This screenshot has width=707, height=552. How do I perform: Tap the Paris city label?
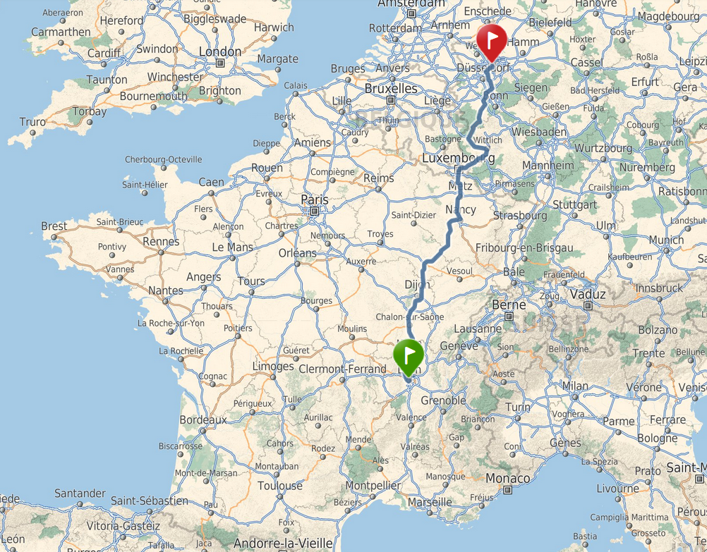tap(315, 199)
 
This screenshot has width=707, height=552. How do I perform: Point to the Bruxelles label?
tap(391, 89)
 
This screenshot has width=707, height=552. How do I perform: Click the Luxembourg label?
tap(458, 159)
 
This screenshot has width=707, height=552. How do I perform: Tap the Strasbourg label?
tap(520, 215)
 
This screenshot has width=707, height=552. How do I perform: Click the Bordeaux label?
tap(203, 419)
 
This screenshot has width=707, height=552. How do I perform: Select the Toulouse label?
tap(279, 486)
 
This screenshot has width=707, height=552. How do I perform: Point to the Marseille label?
tap(430, 502)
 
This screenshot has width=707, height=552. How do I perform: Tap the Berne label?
tap(509, 305)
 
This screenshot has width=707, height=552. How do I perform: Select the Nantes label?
tap(166, 290)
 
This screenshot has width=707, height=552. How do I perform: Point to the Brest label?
tap(54, 226)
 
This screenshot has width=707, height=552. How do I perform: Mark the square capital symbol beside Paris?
tap(315, 211)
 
